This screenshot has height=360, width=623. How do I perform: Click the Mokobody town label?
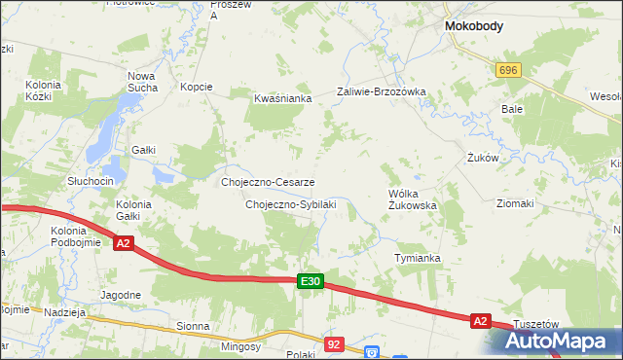tap(473, 27)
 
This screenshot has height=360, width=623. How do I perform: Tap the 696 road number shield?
tap(508, 71)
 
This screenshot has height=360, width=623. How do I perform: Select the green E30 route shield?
tap(310, 281)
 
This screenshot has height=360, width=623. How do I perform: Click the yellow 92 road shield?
tap(335, 344)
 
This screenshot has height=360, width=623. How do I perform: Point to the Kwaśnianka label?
tap(282, 98)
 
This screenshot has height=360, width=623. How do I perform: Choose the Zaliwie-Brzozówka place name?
tap(382, 92)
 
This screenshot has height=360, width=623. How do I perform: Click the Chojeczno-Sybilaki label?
tap(291, 204)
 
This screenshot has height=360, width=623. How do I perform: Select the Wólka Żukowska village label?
tap(412, 199)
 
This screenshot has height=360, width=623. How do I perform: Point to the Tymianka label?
tap(418, 258)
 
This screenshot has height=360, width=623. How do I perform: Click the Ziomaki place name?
tap(515, 203)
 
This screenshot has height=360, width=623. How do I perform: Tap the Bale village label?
tap(512, 109)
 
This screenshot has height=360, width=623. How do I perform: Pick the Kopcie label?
tap(197, 87)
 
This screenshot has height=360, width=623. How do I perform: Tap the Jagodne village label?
tap(121, 294)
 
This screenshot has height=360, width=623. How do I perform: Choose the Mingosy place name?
tap(239, 346)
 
